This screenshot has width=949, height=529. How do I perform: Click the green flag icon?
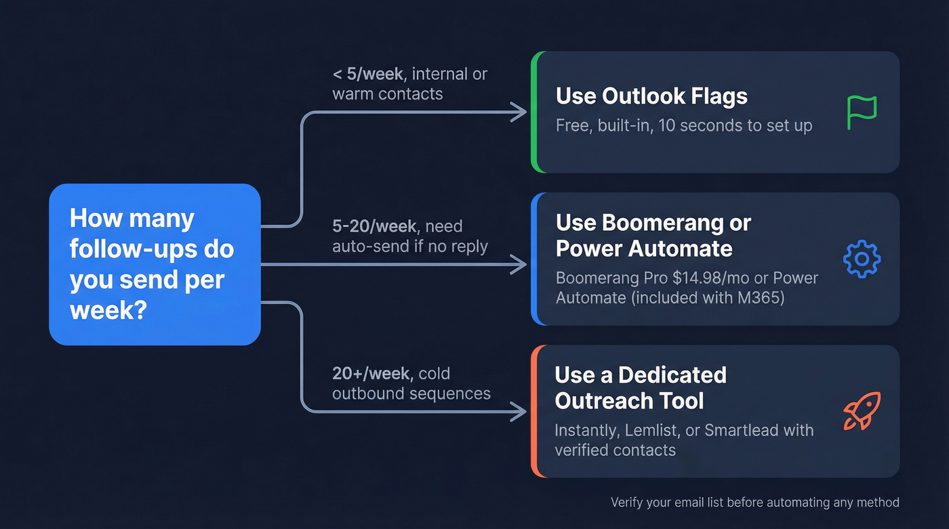[x=862, y=112]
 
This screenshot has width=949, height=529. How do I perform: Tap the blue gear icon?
[x=862, y=259]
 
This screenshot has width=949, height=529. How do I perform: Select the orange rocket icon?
[x=862, y=410]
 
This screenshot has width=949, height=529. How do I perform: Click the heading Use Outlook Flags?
[x=651, y=96]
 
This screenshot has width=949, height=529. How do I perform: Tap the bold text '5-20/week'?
[x=373, y=226]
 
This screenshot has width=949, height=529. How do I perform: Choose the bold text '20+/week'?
[x=371, y=373]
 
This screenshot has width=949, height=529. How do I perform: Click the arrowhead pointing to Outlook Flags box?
[x=520, y=112]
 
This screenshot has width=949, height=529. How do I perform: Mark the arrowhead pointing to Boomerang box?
[x=520, y=265]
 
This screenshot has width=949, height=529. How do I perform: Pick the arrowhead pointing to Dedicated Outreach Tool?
[x=520, y=410]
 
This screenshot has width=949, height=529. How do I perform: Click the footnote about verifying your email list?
[x=754, y=503]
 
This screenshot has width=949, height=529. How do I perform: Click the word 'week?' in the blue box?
[x=108, y=310]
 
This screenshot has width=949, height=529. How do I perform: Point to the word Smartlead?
[x=750, y=430]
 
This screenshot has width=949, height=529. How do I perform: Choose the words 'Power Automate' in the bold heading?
[x=644, y=249]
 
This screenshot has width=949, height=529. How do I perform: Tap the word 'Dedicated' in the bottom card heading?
[x=672, y=375]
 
